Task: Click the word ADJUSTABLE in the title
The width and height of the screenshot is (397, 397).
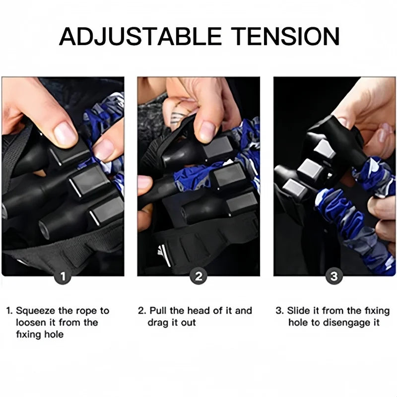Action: click(140, 37)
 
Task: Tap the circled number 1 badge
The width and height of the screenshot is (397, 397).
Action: click(63, 276)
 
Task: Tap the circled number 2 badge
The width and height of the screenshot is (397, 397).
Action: click(198, 276)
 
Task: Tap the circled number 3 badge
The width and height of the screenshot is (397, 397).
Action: click(334, 276)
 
